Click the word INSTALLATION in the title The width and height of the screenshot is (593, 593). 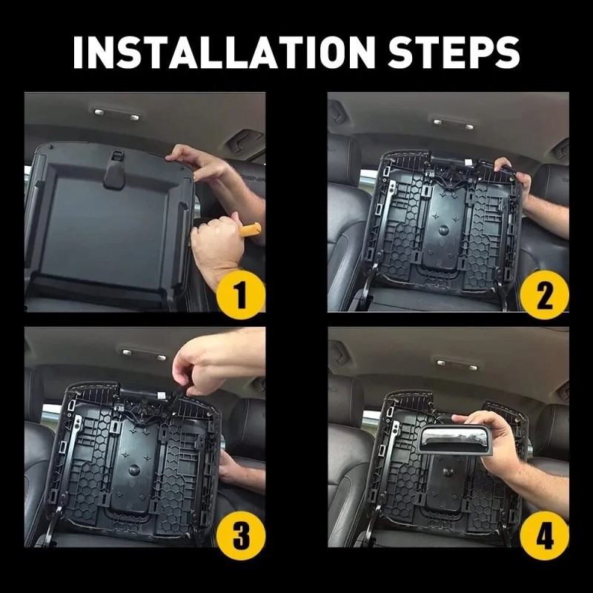click(x=225, y=52)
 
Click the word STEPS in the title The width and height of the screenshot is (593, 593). click(x=454, y=52)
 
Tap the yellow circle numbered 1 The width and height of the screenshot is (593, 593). click(x=241, y=294)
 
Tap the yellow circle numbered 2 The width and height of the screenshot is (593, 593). click(x=544, y=294)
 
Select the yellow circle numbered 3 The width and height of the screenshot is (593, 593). click(x=241, y=535)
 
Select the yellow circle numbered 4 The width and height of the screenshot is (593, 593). click(x=544, y=535)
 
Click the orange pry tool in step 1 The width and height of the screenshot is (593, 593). click(x=250, y=230)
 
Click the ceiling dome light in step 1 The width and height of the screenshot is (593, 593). click(x=116, y=114)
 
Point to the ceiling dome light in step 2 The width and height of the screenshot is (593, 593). click(x=453, y=124)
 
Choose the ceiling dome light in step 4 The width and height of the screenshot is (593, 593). click(x=457, y=364)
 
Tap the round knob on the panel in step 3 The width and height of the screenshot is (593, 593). click(x=134, y=470)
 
